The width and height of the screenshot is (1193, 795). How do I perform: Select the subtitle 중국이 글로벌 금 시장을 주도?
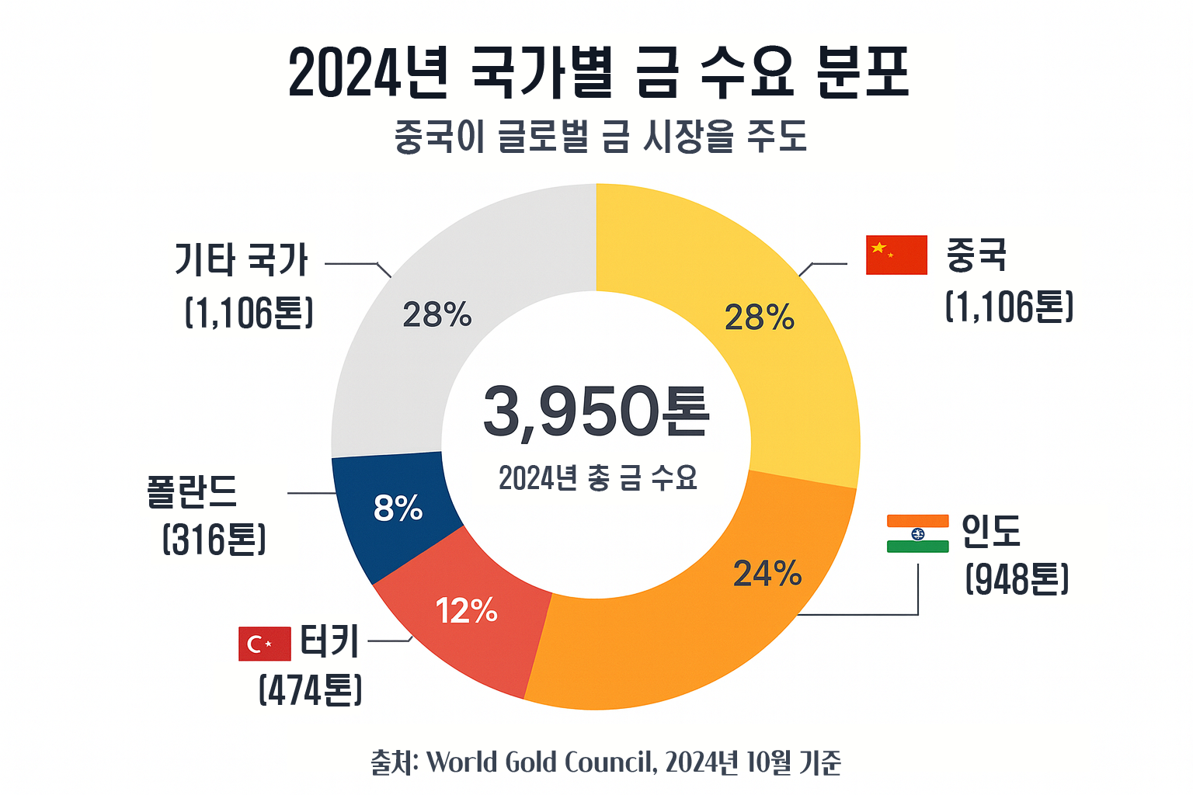coord(600,137)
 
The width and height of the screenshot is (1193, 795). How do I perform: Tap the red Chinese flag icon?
coord(896,255)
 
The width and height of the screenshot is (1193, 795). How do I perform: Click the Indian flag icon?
coord(917,533)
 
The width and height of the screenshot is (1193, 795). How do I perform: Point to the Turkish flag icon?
coord(264,644)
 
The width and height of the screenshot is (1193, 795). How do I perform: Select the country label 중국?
coord(976,255)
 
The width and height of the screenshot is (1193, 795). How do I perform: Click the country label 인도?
coord(991,531)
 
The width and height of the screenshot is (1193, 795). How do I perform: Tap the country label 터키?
coord(329,642)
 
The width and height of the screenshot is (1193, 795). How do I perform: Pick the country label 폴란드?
coord(191,491)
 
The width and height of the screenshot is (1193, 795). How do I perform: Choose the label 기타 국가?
coord(241,259)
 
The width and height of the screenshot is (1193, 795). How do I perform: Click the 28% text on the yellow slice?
coord(759,318)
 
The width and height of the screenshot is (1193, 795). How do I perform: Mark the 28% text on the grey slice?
coord(437,314)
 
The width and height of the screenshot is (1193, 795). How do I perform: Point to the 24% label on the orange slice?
coord(767,574)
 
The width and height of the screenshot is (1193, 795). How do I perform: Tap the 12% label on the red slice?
coord(466,611)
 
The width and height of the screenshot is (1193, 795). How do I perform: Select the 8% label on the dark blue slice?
coord(398,508)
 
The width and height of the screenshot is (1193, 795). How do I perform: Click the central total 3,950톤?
coord(596,411)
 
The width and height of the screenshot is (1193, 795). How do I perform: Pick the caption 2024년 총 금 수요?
coord(598,477)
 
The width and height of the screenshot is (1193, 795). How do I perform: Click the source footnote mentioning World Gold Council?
coord(606,762)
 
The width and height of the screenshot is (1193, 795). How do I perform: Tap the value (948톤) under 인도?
coord(1017,579)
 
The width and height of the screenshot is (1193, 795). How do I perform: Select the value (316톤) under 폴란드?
coord(214,540)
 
